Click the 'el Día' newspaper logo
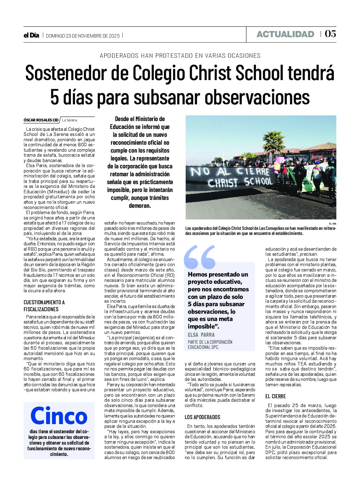point(31,35)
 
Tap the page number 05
point(330,34)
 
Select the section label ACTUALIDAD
point(285,34)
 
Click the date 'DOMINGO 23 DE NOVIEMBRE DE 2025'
point(83,36)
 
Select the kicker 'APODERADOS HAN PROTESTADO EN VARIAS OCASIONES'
point(180,56)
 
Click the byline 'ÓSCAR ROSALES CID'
point(41,120)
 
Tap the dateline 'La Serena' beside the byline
point(70,120)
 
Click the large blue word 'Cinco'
point(59,416)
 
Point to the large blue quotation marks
point(200,257)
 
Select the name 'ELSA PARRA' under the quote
point(201,335)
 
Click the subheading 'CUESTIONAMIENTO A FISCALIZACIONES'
point(44,306)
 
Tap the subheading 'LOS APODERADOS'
point(202,417)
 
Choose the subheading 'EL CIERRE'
point(276,396)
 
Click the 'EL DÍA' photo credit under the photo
point(332,224)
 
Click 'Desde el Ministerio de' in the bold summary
point(140,119)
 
